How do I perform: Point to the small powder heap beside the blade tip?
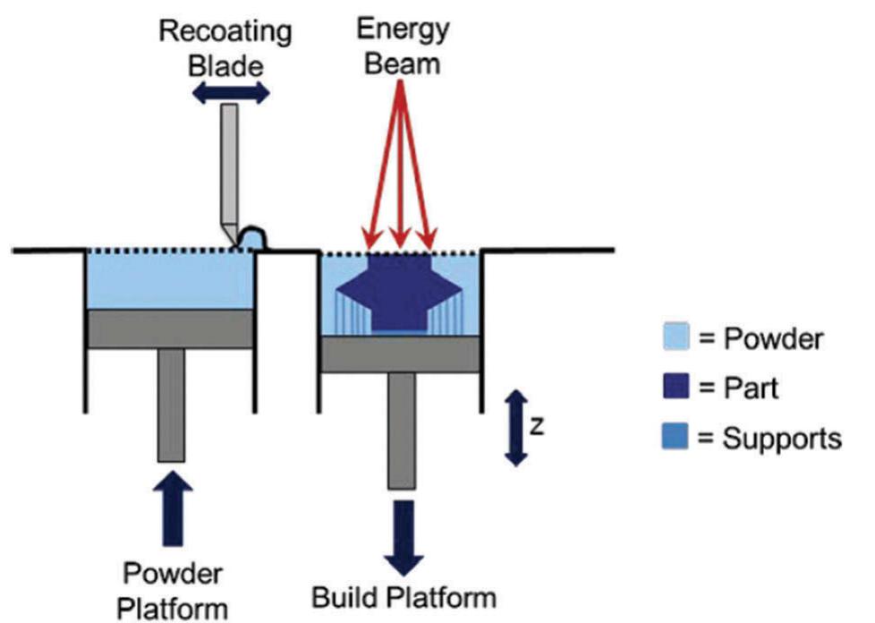tap(251, 236)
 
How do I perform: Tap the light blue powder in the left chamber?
tap(170, 281)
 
